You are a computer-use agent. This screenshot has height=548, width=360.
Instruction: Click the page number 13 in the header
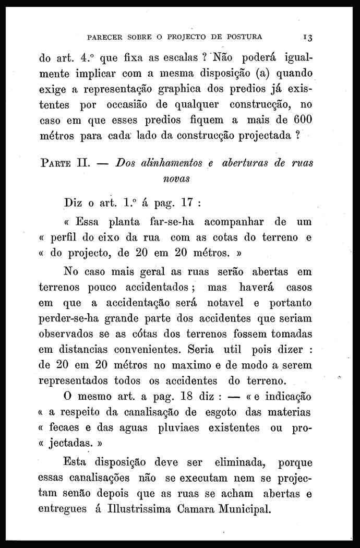point(306,38)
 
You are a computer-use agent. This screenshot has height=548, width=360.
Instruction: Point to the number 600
point(302,120)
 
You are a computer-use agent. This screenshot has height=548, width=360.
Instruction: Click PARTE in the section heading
point(57,163)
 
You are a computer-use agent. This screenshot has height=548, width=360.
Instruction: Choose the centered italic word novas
point(176,178)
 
